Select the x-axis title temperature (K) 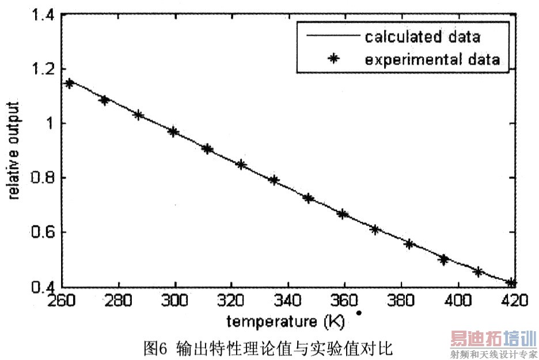pyautogui.click(x=286, y=321)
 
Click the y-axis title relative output pyautogui.click(x=14, y=151)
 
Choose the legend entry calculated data pyautogui.click(x=422, y=37)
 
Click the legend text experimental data pyautogui.click(x=431, y=59)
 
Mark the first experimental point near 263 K pyautogui.click(x=70, y=84)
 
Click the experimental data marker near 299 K pyautogui.click(x=173, y=132)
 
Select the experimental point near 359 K pyautogui.click(x=343, y=214)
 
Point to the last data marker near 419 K pyautogui.click(x=511, y=282)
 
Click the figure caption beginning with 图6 pyautogui.click(x=268, y=347)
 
